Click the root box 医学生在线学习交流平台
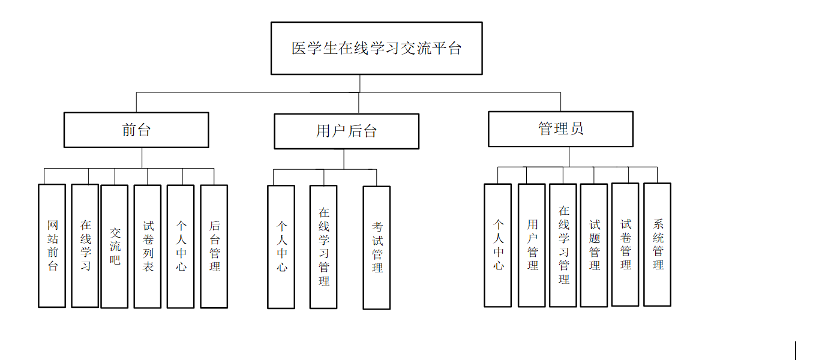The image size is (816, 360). click(376, 48)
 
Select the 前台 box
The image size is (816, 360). click(136, 130)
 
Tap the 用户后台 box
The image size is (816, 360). click(346, 131)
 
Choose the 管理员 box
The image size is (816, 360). click(560, 128)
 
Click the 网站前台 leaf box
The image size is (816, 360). click(52, 245)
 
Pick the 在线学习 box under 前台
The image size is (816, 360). click(85, 245)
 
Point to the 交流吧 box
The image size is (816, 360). click(115, 246)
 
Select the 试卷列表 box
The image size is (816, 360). click(148, 246)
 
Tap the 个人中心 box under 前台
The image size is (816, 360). click(181, 246)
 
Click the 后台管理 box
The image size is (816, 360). click(214, 246)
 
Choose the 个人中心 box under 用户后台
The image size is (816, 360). click(281, 247)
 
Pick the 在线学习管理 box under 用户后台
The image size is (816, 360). click(323, 246)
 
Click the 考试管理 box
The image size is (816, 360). click(377, 247)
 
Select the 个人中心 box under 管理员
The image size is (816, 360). click(498, 245)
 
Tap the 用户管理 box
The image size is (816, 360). click(532, 245)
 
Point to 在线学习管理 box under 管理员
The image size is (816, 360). click(563, 245)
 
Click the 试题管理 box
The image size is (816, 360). click(594, 245)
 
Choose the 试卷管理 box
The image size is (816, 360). click(625, 244)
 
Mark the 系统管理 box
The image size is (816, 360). click(658, 244)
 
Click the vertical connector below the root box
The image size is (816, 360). click(360, 83)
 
